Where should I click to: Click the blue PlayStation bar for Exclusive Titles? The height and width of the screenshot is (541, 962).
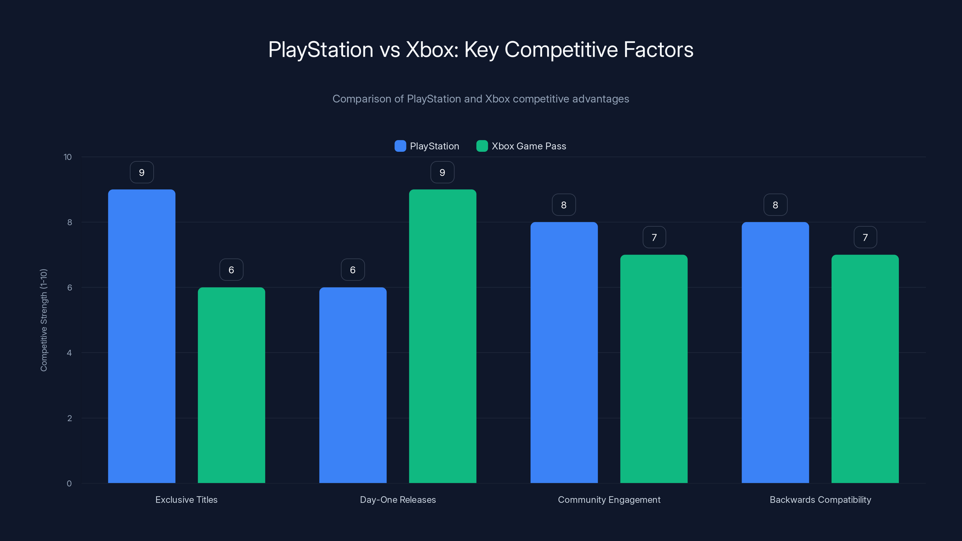point(142,336)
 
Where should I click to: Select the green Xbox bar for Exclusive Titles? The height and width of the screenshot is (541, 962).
point(231,385)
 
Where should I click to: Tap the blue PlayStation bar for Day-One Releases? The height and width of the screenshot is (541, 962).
point(353,385)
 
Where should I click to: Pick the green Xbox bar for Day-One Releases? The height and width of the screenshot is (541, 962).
point(443,336)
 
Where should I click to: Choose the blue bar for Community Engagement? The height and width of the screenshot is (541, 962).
point(564,353)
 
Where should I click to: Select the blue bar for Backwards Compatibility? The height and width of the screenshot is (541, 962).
point(775,353)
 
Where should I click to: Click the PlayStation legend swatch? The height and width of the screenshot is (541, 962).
point(400,146)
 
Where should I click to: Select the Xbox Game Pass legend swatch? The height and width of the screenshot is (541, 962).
point(482,146)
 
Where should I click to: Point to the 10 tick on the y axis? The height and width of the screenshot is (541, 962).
point(68,157)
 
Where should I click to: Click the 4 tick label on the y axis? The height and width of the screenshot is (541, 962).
point(69,353)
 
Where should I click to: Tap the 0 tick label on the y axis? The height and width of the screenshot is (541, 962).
point(69,484)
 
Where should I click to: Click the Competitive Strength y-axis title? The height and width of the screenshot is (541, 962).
point(44,320)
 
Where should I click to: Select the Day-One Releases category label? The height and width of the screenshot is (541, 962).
point(398,500)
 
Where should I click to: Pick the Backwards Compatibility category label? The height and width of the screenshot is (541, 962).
point(820,500)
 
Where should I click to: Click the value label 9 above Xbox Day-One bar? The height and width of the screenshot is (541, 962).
point(442,173)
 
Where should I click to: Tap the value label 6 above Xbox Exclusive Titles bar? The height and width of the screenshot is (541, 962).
point(231,270)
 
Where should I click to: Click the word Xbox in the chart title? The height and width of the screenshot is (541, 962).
point(432,50)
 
